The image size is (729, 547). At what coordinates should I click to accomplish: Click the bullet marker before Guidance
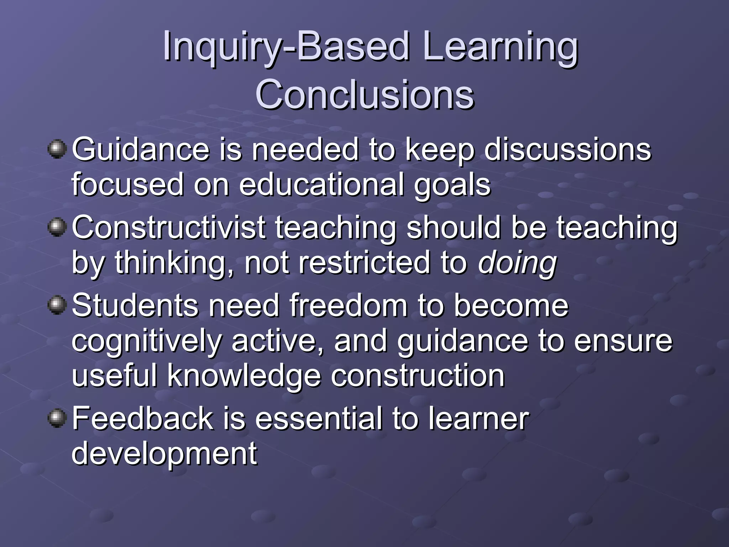click(x=57, y=149)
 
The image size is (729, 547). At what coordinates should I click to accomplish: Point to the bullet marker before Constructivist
click(x=57, y=227)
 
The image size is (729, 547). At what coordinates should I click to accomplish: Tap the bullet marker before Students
click(x=57, y=305)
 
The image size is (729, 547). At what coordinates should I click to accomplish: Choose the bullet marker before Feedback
click(x=57, y=418)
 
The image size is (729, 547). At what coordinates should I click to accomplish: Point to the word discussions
click(x=567, y=150)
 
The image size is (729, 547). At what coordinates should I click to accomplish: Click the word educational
click(x=321, y=185)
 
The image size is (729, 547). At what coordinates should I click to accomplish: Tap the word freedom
click(x=348, y=305)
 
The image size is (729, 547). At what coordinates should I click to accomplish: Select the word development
click(x=164, y=454)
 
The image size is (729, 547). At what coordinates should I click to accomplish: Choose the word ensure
click(x=623, y=341)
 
